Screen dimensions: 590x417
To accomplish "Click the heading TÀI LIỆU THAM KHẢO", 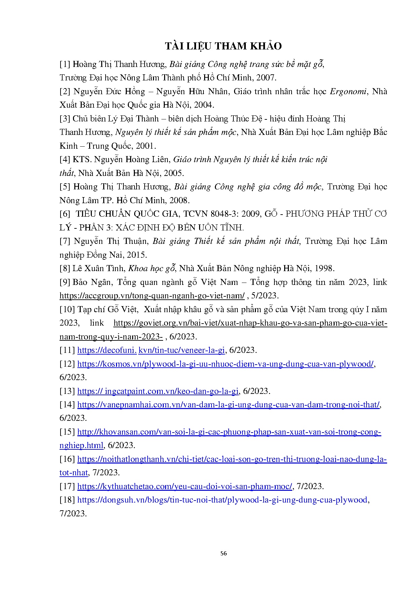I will (x=223, y=46).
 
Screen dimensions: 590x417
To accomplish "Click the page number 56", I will (x=223, y=553).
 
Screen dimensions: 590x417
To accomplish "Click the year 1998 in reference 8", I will (x=323, y=268).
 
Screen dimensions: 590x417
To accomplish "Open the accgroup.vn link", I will (x=152, y=296).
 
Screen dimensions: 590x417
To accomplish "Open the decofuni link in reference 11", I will (x=151, y=350).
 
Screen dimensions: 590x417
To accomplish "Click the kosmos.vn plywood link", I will (x=225, y=364).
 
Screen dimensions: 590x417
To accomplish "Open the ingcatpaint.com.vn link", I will (x=158, y=391).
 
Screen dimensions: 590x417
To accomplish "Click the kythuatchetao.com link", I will (x=185, y=486).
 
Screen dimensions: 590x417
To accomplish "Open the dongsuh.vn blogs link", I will (x=222, y=500).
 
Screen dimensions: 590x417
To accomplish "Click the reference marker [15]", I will (x=67, y=432).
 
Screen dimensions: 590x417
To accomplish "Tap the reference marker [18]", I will (x=67, y=500).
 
